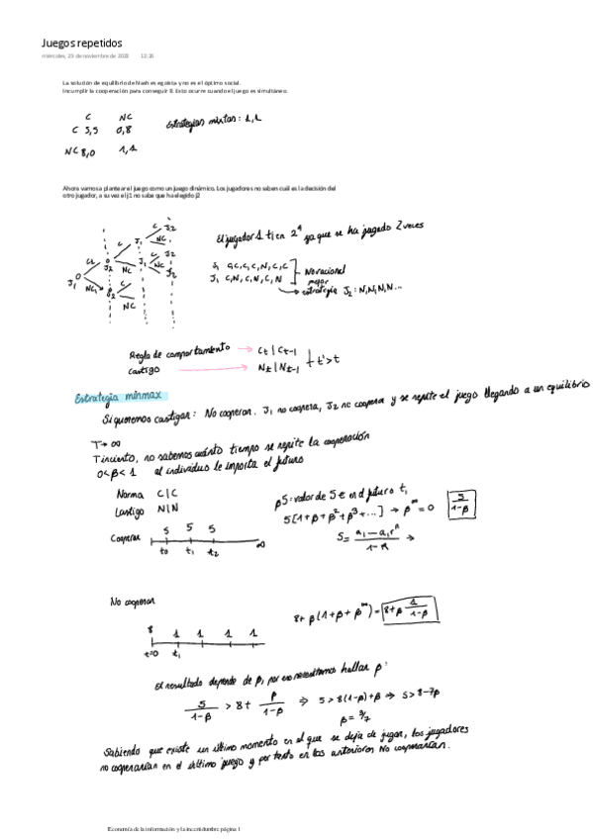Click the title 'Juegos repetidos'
point(81,44)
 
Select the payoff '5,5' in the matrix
point(90,129)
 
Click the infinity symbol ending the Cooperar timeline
point(259,543)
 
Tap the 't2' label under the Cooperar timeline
point(212,554)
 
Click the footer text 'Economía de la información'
point(148,827)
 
